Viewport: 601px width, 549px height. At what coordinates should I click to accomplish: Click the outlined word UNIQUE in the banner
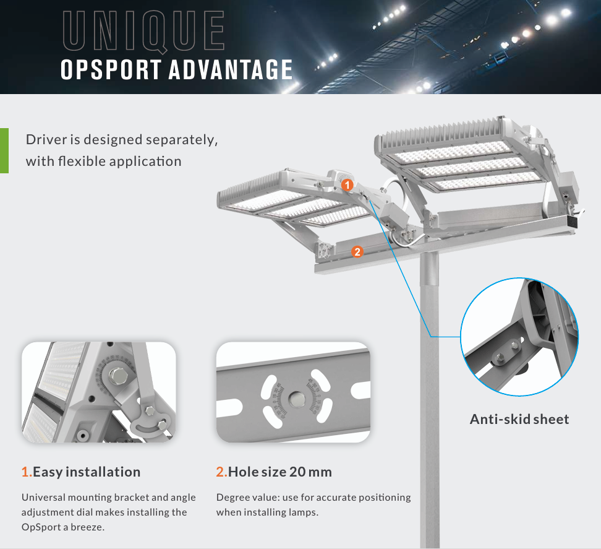click(x=143, y=32)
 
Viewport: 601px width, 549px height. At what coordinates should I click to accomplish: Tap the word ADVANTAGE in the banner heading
click(x=231, y=69)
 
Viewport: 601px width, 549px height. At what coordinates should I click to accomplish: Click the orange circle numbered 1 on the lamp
click(x=347, y=185)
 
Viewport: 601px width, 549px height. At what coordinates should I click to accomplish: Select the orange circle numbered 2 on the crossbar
click(x=357, y=252)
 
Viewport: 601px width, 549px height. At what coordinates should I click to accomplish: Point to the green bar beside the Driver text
click(x=4, y=150)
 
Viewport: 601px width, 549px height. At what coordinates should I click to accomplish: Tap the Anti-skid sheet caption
click(x=519, y=419)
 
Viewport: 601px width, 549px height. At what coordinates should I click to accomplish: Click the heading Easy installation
click(x=87, y=472)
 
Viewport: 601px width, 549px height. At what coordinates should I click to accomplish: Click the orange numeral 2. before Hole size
click(x=221, y=472)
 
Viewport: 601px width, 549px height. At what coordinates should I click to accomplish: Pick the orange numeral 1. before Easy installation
click(x=27, y=472)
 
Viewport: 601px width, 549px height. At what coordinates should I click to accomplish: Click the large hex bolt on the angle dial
click(x=118, y=376)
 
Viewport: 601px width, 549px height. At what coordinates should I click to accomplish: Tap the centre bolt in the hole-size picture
click(x=296, y=399)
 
